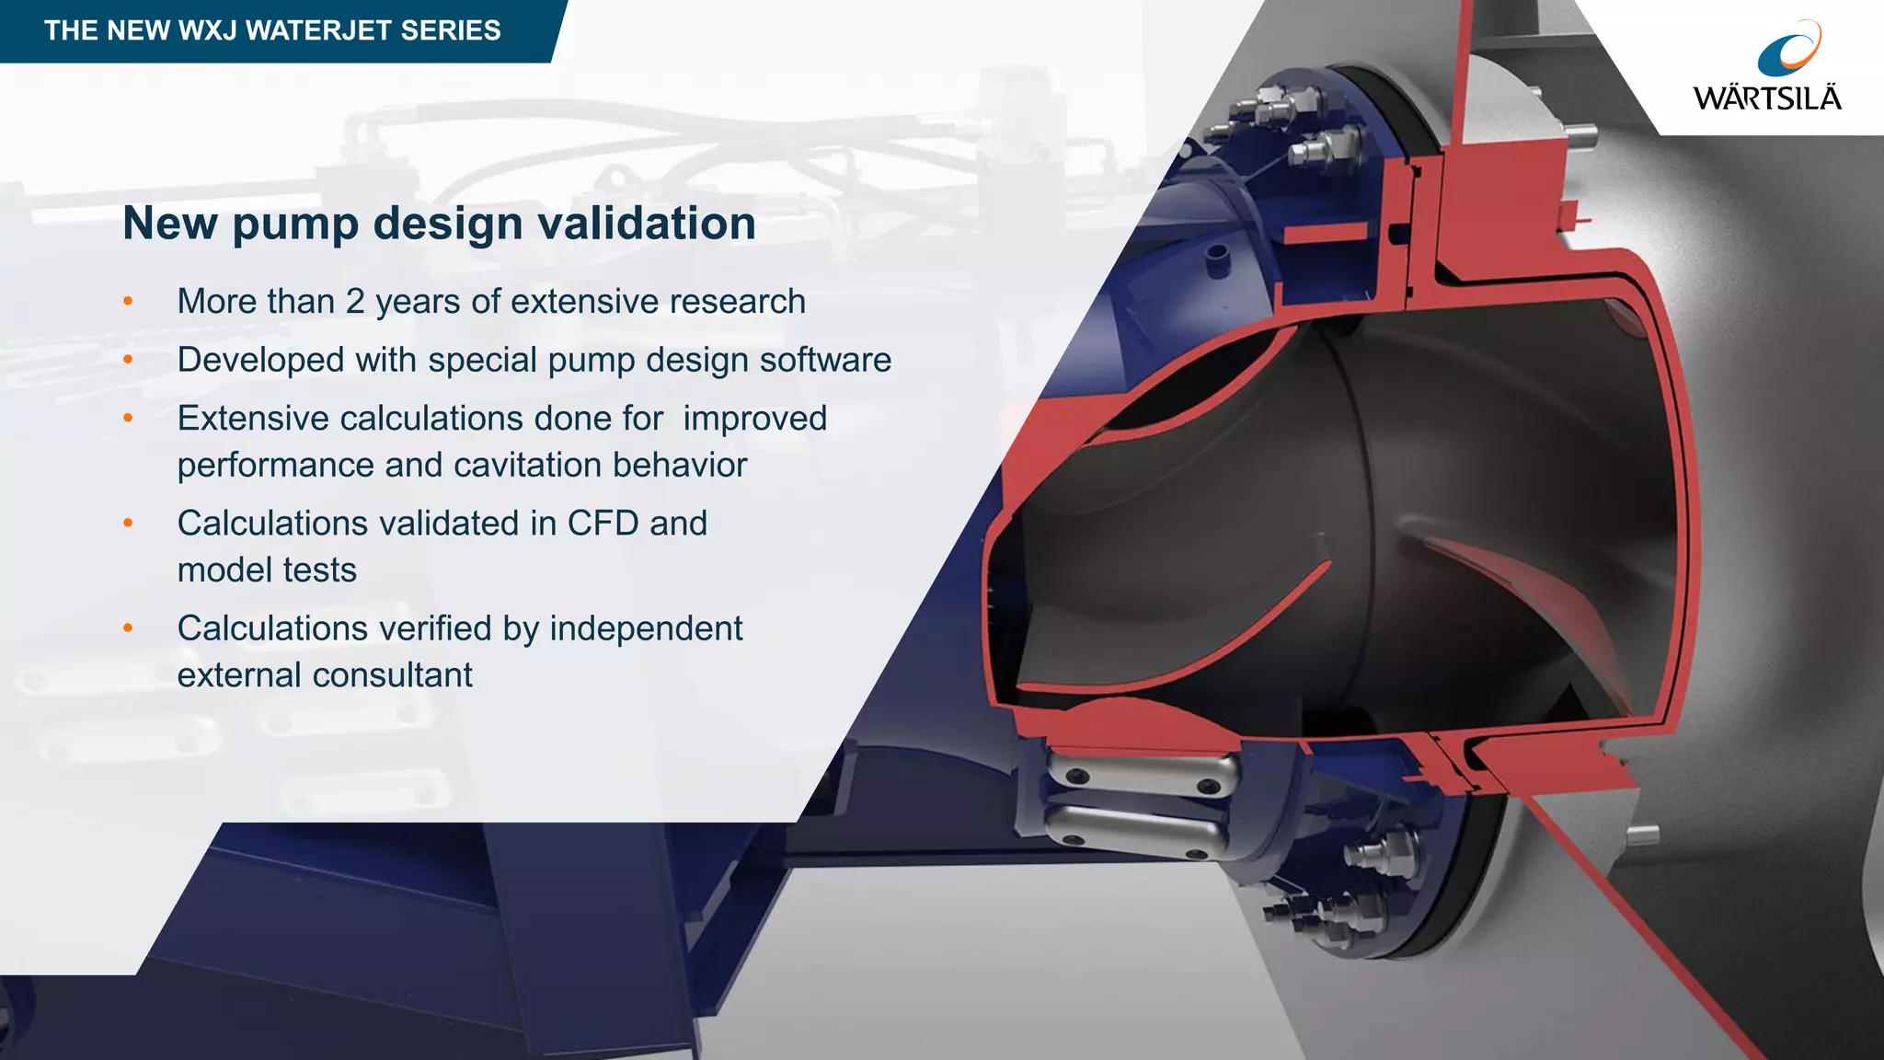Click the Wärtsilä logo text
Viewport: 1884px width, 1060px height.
tap(1767, 98)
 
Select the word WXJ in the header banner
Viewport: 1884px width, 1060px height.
tap(208, 30)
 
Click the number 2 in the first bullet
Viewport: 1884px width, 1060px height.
tap(355, 302)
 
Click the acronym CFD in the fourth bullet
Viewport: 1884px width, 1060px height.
tap(603, 524)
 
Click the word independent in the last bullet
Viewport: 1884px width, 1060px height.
tap(646, 628)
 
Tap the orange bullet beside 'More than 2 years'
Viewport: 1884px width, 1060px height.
tap(128, 302)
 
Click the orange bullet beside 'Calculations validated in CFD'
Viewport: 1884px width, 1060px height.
tap(128, 524)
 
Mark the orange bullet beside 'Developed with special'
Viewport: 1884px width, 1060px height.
tap(128, 360)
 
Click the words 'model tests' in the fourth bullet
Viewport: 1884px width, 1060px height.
tap(267, 570)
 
